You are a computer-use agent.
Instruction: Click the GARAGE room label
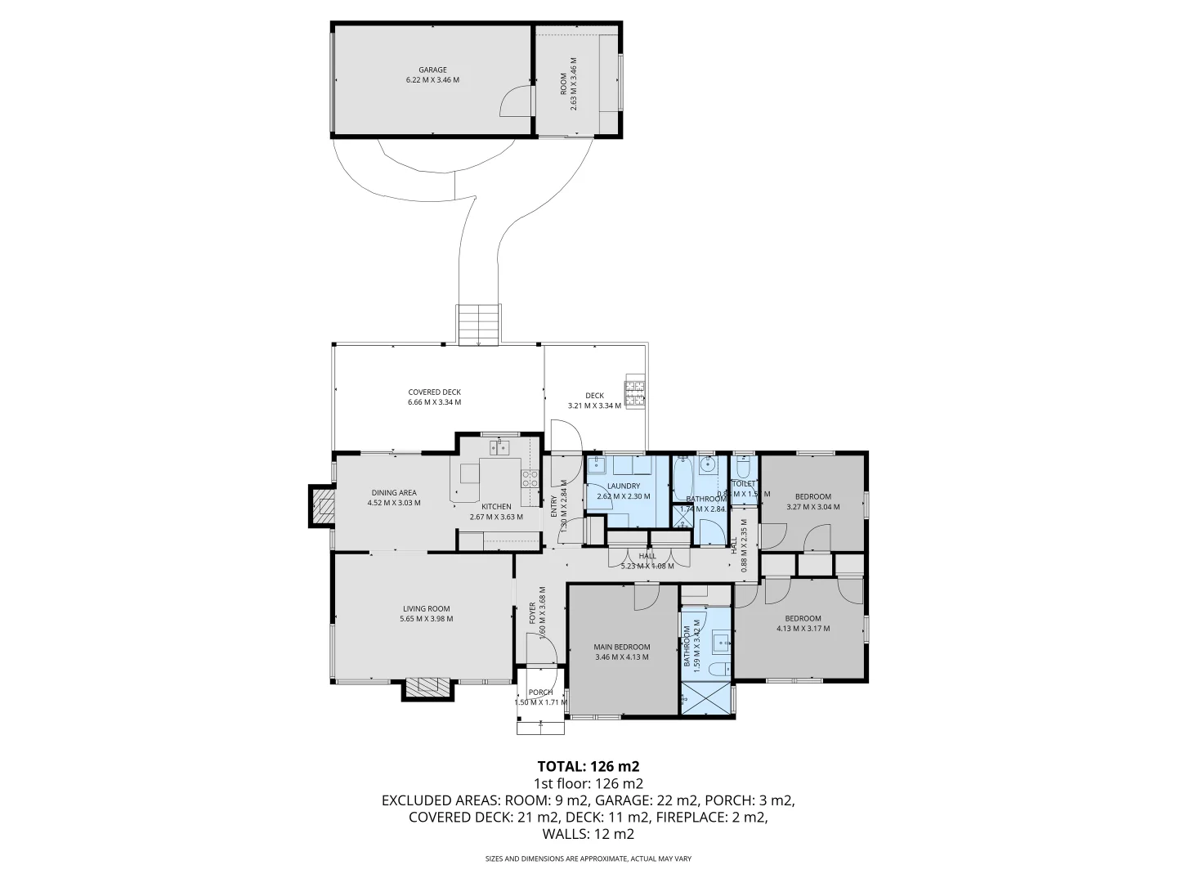432,69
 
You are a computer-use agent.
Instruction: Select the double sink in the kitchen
499,446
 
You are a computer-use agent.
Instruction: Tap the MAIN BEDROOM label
621,647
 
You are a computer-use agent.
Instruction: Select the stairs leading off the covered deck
478,325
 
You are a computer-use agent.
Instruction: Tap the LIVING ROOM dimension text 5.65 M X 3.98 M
426,619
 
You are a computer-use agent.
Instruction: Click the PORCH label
540,693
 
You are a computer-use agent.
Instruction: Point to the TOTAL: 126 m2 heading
588,766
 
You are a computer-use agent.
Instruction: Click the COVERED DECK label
435,392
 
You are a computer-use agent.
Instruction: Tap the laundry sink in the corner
597,465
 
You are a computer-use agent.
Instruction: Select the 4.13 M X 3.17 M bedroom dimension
803,629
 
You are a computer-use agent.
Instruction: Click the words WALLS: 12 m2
588,834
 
